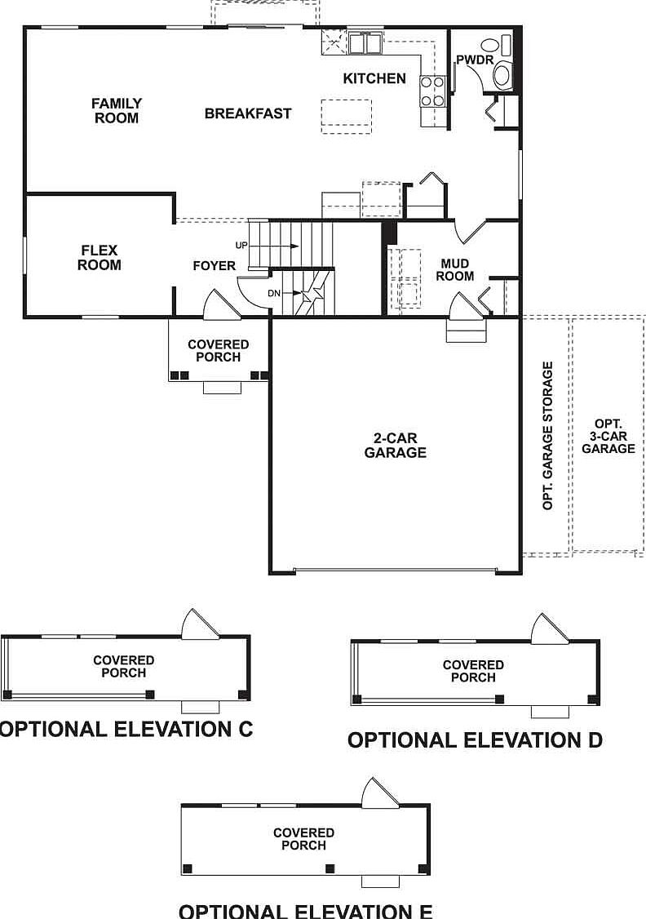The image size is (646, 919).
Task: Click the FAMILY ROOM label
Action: (x=116, y=111)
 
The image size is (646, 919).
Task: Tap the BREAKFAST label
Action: (x=247, y=113)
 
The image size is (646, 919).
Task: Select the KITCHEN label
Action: (x=374, y=78)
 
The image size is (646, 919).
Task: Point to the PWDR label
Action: (x=474, y=60)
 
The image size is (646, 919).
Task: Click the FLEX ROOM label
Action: (x=100, y=258)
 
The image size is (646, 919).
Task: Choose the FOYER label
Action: (x=214, y=266)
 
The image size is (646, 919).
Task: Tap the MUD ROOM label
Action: (x=454, y=270)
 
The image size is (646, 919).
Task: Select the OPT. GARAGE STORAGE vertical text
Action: (x=548, y=436)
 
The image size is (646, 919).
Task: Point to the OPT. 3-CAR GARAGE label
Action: (x=608, y=437)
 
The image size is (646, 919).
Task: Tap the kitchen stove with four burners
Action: (x=432, y=91)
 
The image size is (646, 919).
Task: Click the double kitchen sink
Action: (x=365, y=42)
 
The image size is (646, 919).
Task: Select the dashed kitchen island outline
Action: (x=346, y=115)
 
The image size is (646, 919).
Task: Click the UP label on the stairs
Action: (x=241, y=245)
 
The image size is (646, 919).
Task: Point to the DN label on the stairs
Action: (x=276, y=293)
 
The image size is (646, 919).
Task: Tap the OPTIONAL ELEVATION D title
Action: (x=475, y=740)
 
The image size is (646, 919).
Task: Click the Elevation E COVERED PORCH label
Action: (x=303, y=839)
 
